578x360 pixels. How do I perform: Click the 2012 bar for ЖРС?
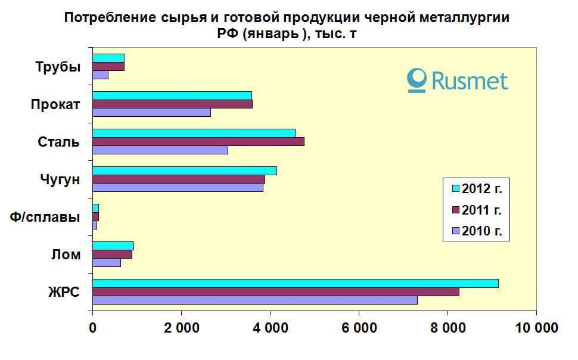pos(295,283)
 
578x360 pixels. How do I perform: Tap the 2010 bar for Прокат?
pos(151,112)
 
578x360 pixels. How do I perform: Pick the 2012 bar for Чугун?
pos(185,171)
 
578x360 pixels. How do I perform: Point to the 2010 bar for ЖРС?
pos(254,300)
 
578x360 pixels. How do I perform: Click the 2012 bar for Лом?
pos(113,246)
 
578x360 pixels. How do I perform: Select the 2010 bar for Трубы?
pos(100,75)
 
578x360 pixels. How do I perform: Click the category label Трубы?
pos(58,66)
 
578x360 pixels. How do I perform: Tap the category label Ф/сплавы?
pos(45,217)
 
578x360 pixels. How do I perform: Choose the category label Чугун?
pos(60,179)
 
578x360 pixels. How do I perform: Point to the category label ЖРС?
pos(64,292)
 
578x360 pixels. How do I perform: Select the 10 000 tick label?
pos(536,327)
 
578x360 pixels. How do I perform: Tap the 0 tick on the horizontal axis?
pos(93,327)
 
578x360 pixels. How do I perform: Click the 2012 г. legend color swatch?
pos(456,189)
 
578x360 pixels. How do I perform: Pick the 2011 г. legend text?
pos(482,210)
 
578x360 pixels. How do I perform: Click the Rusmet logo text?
pos(470,80)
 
